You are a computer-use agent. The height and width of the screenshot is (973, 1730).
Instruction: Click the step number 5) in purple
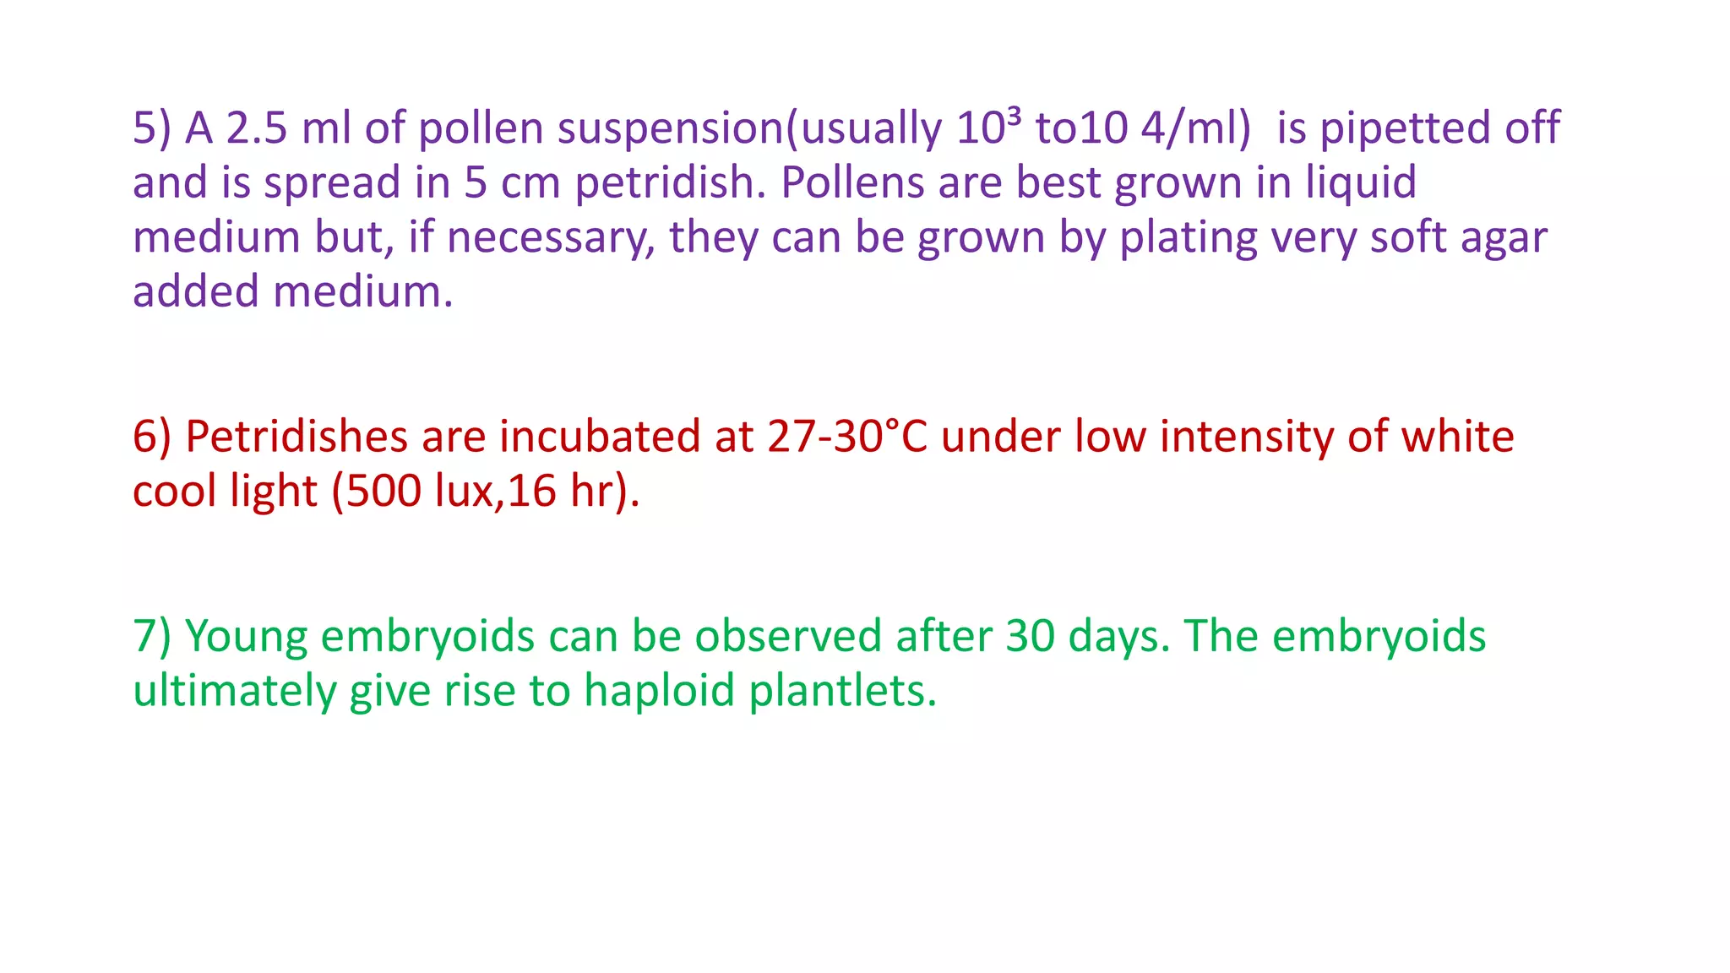(152, 128)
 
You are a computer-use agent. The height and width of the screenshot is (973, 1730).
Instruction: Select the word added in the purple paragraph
(196, 292)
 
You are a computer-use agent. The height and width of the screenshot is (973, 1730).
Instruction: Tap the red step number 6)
(152, 438)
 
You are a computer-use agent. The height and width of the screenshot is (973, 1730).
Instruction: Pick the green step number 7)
(152, 637)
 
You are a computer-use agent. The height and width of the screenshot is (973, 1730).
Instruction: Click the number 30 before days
(1031, 637)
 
